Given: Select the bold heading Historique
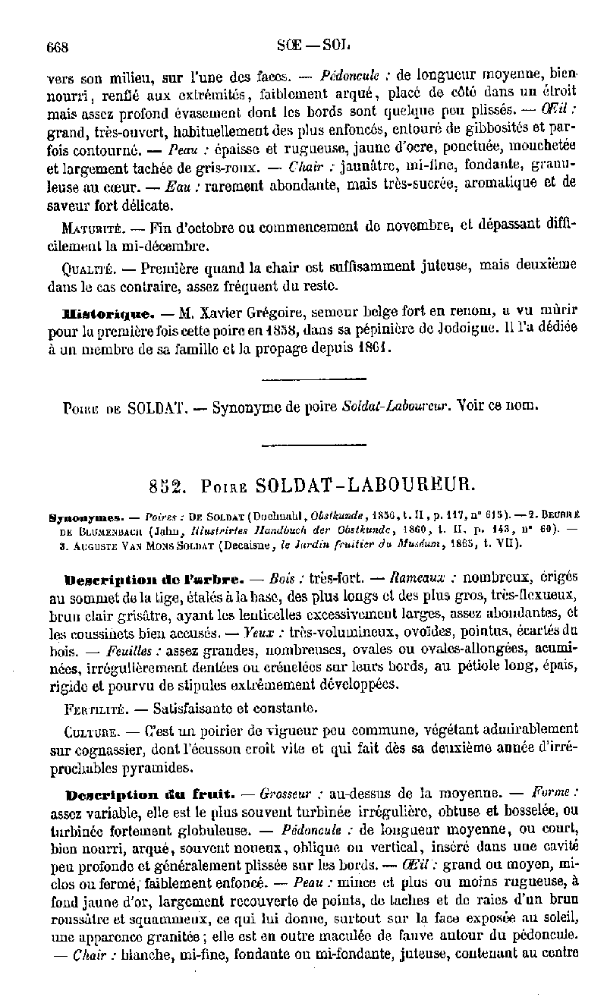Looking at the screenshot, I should [x=109, y=313].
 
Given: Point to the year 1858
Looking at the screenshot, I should [x=281, y=330].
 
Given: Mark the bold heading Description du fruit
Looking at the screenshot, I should [x=148, y=794].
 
